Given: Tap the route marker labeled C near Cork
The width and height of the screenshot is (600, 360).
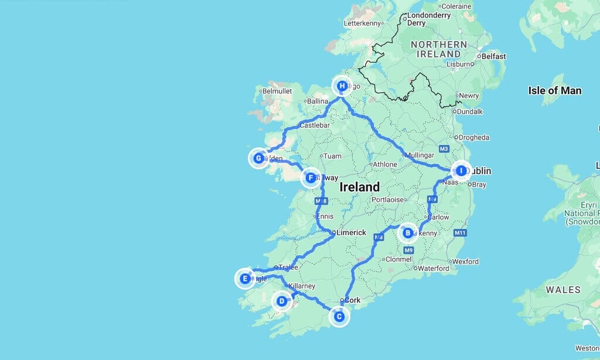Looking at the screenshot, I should pyautogui.click(x=339, y=317).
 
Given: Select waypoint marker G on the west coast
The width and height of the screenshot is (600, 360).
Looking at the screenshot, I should pyautogui.click(x=258, y=158).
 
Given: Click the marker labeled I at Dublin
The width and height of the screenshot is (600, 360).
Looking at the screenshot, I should pyautogui.click(x=461, y=171).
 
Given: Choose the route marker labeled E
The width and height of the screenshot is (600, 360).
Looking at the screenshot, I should pyautogui.click(x=245, y=279).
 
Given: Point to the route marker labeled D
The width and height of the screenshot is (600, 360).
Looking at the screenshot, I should pyautogui.click(x=282, y=302).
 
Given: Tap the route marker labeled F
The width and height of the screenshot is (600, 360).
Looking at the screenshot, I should pyautogui.click(x=311, y=178).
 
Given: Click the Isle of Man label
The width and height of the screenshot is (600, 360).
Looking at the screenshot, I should pyautogui.click(x=554, y=90).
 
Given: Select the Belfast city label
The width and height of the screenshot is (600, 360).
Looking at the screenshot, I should pyautogui.click(x=493, y=57).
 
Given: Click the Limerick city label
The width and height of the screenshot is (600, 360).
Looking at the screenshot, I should pyautogui.click(x=352, y=233).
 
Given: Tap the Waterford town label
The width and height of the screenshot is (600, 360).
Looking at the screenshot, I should pyautogui.click(x=434, y=269).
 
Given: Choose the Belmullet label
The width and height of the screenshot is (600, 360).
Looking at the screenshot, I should pyautogui.click(x=277, y=91).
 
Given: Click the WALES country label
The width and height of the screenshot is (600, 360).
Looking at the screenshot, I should pyautogui.click(x=563, y=290).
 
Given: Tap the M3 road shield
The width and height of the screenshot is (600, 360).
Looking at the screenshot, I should pyautogui.click(x=444, y=148).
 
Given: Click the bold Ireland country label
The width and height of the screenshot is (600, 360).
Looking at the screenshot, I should pyautogui.click(x=360, y=188).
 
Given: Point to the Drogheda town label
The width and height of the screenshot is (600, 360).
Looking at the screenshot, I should pyautogui.click(x=474, y=138).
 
